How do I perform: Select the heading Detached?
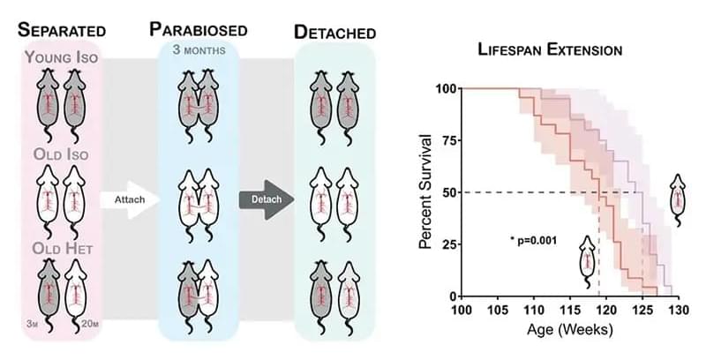click(x=335, y=33)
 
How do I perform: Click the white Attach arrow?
click(x=128, y=199)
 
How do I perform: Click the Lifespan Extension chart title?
click(x=551, y=50)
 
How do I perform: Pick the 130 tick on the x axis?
click(x=678, y=310)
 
